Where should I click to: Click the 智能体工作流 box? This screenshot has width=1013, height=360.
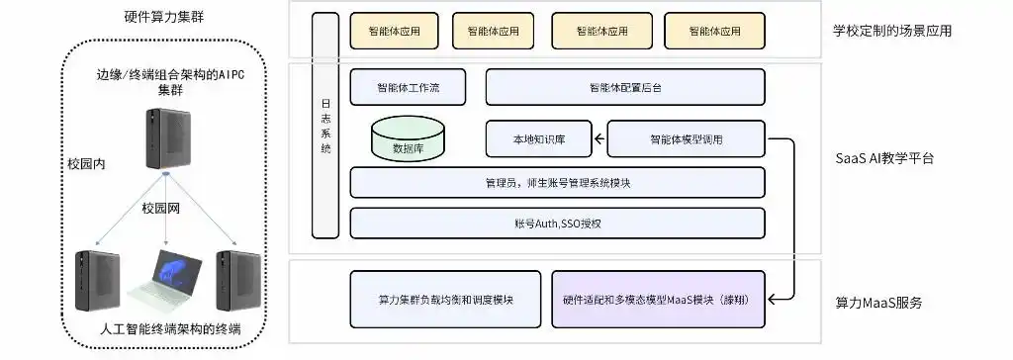click(408, 87)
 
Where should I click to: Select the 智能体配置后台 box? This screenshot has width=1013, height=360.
click(625, 87)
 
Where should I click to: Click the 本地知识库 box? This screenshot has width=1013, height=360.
click(538, 139)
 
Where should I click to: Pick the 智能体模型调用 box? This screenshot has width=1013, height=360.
click(686, 139)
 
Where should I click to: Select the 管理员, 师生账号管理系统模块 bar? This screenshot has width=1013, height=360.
click(558, 183)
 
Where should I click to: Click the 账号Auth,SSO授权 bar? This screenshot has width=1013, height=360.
click(558, 224)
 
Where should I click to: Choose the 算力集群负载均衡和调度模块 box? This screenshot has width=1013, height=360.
click(446, 299)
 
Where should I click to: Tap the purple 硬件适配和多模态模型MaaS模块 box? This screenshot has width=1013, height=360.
click(658, 299)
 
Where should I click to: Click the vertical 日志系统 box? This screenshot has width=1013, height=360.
click(326, 127)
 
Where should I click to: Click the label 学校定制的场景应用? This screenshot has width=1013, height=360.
click(891, 31)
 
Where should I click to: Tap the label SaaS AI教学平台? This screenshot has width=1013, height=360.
click(883, 158)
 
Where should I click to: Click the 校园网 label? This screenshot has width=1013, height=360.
click(164, 209)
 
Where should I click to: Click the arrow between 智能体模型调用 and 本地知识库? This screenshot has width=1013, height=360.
click(599, 139)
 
